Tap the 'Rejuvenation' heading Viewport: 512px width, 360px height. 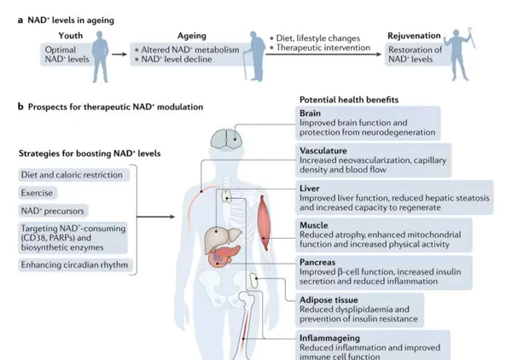[413, 37]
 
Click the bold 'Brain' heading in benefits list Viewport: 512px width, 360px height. [310, 113]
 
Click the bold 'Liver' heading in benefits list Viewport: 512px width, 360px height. [309, 186]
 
